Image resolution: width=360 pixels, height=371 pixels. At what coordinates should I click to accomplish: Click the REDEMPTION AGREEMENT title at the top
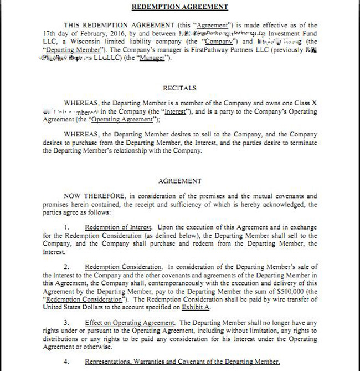180,7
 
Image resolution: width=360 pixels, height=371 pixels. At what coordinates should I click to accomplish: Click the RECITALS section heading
179,88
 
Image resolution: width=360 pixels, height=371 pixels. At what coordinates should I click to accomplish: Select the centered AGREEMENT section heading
179,181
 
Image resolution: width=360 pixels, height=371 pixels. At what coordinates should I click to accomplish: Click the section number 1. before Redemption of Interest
67,228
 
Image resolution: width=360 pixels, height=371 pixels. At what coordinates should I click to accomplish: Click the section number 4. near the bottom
67,362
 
